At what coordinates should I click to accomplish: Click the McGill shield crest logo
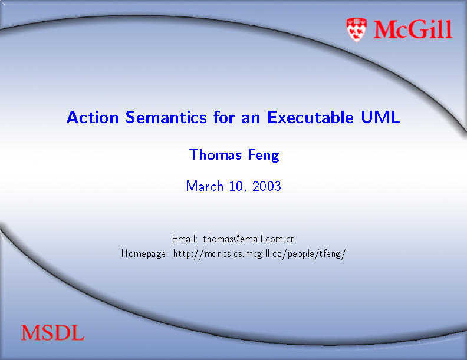357,29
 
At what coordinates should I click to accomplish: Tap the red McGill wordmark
413,29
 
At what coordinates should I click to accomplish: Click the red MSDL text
52,333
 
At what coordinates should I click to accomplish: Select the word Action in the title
93,117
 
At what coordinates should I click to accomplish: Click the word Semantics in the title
166,117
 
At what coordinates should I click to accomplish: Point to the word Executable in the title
310,117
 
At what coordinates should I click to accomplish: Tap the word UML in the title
380,117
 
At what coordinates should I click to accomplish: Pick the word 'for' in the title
224,117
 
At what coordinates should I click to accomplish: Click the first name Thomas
215,155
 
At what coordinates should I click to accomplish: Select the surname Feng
264,156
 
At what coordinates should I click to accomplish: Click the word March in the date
205,186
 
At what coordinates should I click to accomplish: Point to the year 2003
267,186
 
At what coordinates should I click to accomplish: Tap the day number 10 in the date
237,187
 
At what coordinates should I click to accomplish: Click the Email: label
185,239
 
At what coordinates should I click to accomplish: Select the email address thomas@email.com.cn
249,239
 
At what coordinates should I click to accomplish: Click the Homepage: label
144,254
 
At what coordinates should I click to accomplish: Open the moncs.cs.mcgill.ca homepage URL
259,254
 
